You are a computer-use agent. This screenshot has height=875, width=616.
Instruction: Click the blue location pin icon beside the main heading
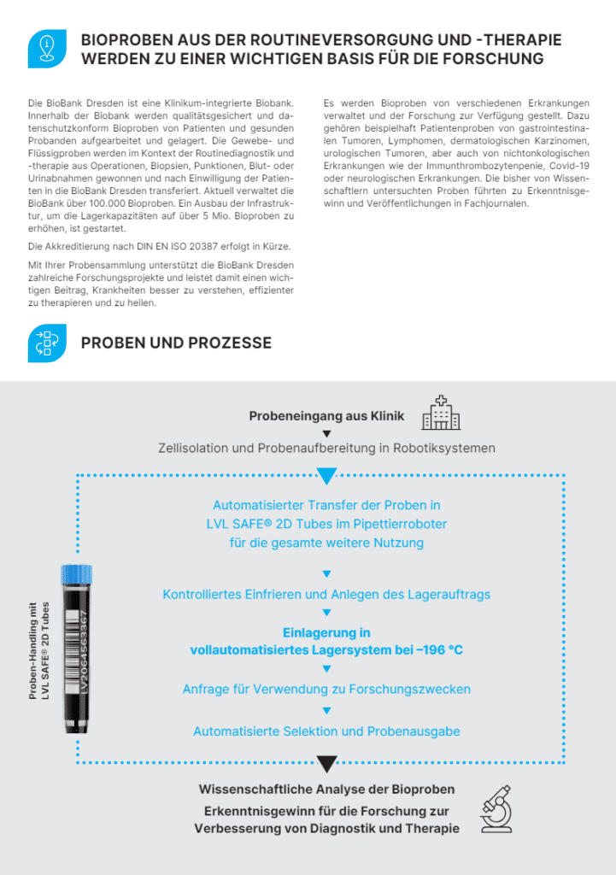(47, 49)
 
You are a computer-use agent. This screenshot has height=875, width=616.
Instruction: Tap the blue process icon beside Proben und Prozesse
(47, 343)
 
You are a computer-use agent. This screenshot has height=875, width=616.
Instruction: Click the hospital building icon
(441, 413)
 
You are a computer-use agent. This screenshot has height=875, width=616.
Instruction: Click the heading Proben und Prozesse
(176, 343)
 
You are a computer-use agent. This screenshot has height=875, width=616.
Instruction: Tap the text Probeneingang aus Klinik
(326, 416)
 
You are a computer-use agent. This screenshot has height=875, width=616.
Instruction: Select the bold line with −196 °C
(326, 650)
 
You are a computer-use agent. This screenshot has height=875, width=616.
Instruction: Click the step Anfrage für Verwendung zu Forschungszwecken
(326, 689)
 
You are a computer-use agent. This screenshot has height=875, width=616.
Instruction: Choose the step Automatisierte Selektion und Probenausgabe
(326, 731)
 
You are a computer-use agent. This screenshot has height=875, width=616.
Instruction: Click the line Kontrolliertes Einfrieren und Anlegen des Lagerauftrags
(326, 594)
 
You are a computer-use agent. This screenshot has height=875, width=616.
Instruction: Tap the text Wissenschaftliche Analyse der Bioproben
(326, 789)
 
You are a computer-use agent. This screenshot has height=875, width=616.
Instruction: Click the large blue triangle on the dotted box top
(326, 476)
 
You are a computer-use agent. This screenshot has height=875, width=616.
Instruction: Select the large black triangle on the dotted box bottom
(326, 763)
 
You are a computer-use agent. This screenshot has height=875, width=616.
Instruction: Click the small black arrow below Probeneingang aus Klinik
(326, 433)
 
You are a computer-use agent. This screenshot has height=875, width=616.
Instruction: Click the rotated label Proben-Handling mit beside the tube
(33, 651)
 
